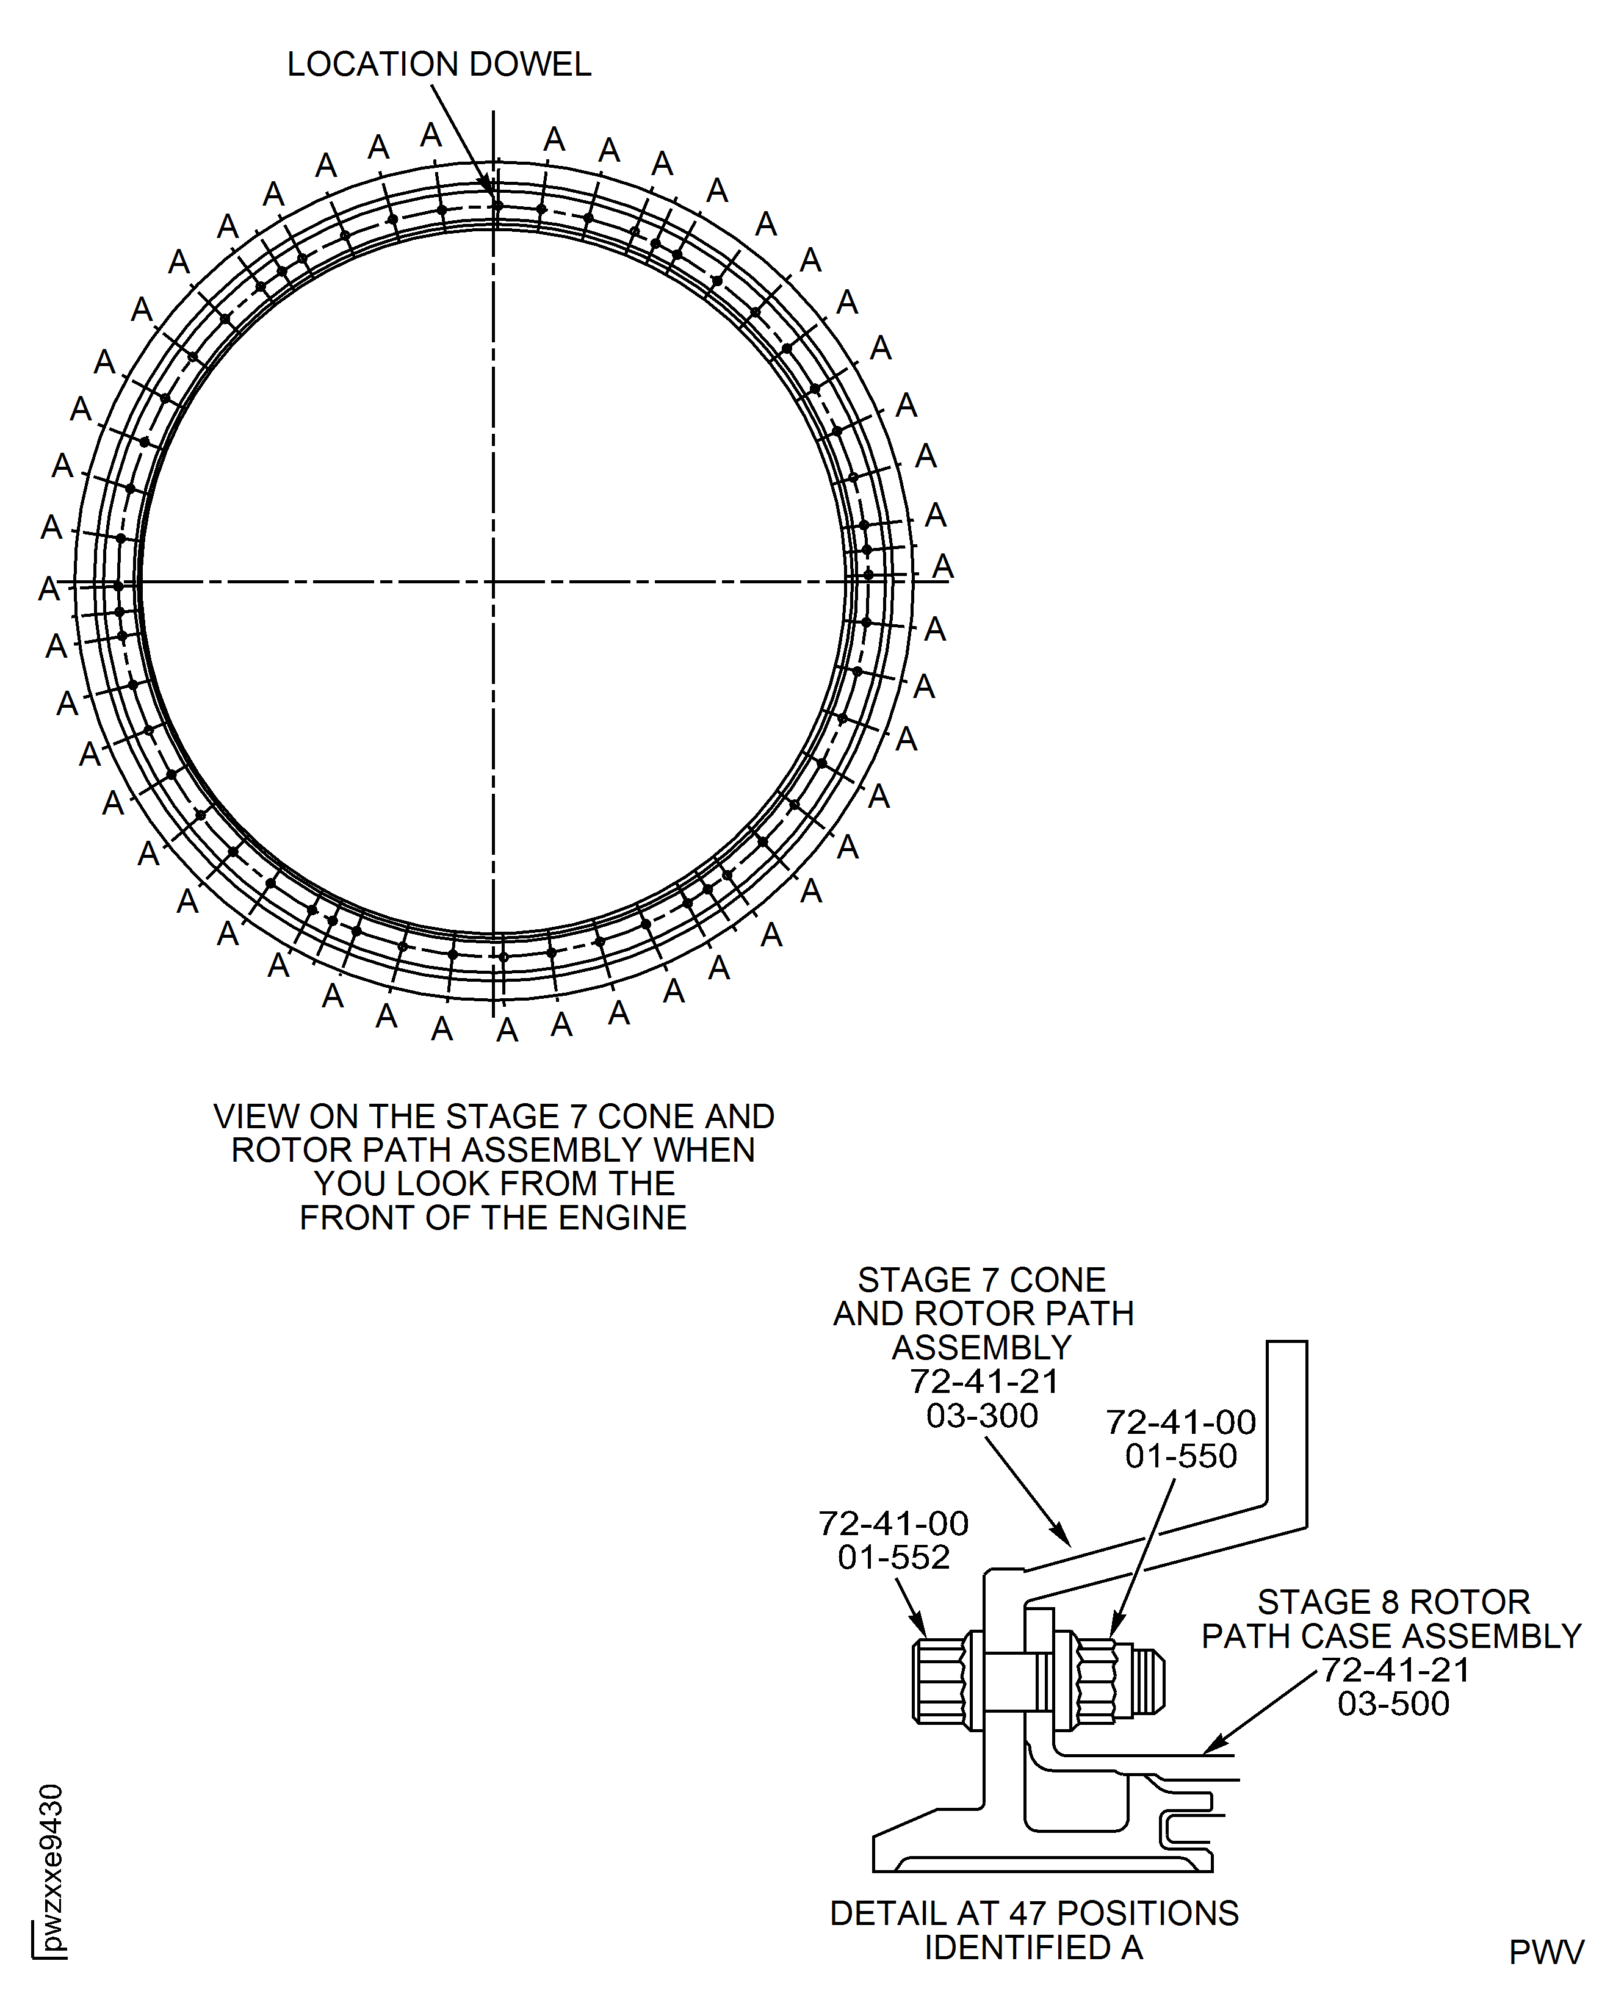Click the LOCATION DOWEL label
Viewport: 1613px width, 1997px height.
439,64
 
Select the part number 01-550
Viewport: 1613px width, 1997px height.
1180,1455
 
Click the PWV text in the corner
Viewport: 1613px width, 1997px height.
1545,1952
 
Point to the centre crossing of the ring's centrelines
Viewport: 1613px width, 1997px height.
493,582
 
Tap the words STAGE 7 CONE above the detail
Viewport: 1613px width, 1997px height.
981,1280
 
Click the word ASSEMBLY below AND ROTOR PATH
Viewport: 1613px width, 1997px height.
981,1348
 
